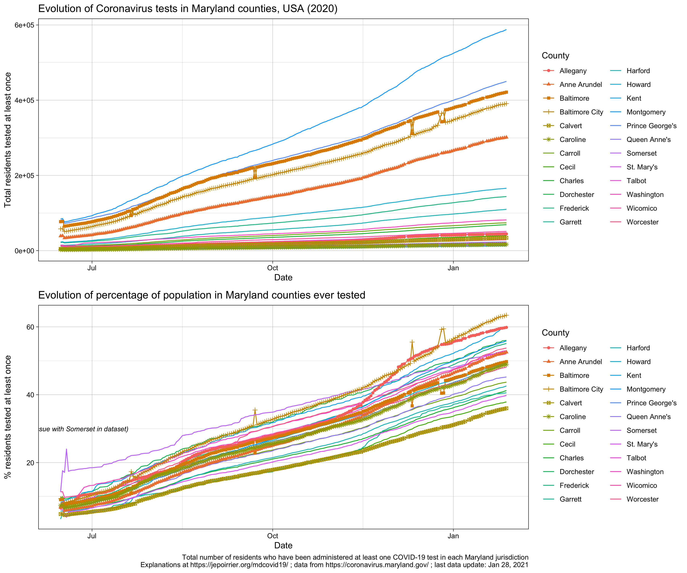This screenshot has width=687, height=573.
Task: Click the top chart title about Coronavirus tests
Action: (188, 9)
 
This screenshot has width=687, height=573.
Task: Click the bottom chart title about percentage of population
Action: (202, 295)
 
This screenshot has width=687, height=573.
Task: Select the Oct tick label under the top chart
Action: (273, 268)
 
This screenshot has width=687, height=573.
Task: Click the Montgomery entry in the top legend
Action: (646, 112)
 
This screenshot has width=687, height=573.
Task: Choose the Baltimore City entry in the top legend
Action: (581, 112)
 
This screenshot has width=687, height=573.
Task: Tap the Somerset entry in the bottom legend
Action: (641, 430)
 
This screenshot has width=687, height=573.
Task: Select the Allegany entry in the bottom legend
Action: (573, 348)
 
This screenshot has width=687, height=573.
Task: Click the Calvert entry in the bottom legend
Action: (571, 403)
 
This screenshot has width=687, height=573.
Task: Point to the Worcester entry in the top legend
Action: (642, 222)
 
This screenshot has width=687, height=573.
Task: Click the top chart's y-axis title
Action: (8, 140)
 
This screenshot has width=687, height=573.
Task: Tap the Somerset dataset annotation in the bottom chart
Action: (84, 429)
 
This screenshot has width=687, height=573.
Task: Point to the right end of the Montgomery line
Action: (506, 30)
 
